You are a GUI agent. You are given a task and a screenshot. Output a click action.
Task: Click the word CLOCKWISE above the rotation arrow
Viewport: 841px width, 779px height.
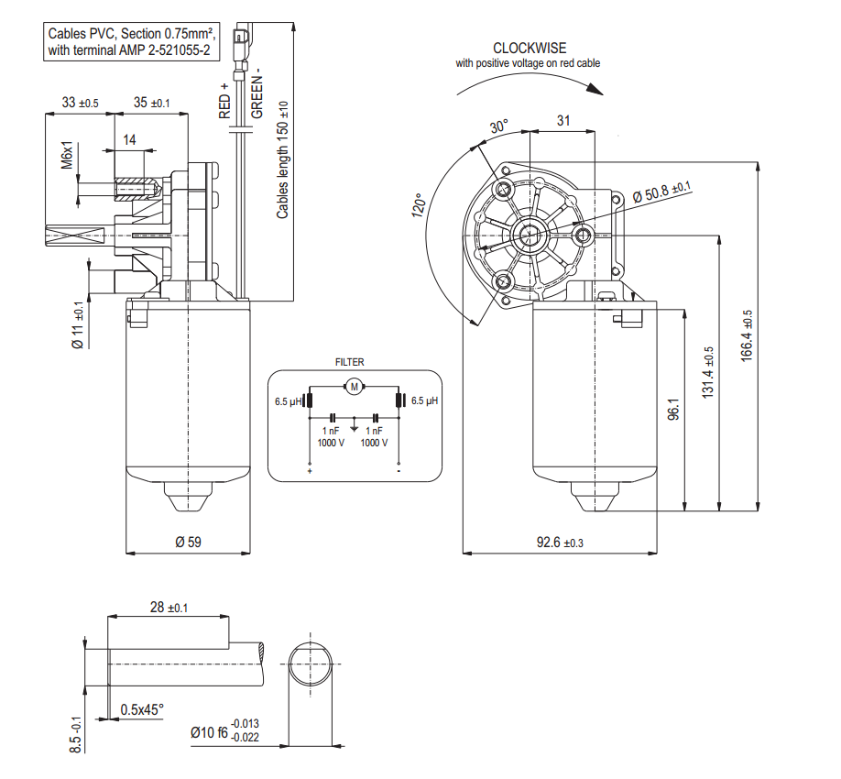(530, 48)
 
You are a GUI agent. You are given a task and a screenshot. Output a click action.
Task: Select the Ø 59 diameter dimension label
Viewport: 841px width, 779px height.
(188, 543)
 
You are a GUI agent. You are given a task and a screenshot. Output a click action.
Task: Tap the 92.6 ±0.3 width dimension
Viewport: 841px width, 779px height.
(559, 543)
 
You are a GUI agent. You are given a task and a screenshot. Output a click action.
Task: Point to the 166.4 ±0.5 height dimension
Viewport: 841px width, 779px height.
(747, 335)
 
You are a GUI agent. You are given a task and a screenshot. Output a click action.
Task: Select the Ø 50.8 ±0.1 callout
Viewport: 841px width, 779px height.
(662, 192)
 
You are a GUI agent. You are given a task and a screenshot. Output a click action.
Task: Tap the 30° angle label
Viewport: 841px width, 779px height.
(497, 127)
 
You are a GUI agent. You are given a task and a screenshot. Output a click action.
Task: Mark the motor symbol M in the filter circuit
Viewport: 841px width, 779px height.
(354, 387)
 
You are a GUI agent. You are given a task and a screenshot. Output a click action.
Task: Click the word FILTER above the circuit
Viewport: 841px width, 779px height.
(349, 363)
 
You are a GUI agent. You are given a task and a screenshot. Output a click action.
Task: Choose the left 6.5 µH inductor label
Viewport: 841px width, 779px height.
(288, 401)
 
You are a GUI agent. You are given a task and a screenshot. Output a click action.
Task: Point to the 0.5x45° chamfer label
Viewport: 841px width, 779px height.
(142, 709)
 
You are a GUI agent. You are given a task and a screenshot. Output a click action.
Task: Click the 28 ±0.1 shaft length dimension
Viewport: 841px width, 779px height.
(168, 608)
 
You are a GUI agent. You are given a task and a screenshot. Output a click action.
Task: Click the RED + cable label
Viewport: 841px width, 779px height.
(224, 100)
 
